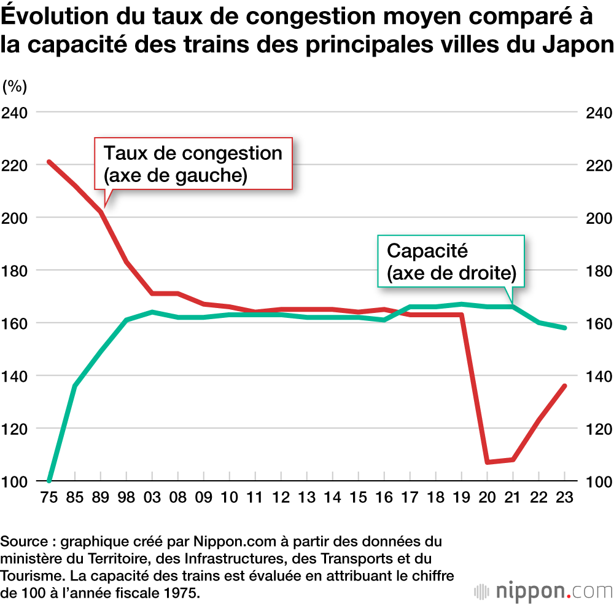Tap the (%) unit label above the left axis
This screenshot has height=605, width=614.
15,87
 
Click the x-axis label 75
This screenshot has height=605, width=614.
49,497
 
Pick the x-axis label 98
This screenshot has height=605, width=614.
126,497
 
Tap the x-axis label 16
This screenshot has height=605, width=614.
384,497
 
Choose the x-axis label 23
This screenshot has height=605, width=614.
564,497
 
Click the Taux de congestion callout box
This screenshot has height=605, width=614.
193,164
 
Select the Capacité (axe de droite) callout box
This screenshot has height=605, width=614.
451,261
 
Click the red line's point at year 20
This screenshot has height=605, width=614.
487,462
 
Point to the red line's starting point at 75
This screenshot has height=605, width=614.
49,162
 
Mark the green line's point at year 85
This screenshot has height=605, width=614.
75,386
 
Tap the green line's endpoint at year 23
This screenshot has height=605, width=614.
564,328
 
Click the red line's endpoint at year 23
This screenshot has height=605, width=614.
564,386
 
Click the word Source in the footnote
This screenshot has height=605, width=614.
23,542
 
